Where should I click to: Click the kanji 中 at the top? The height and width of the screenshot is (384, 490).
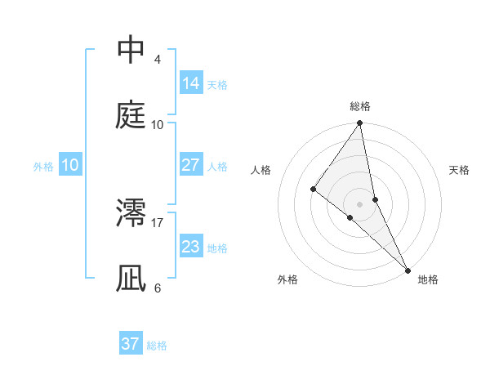(x=131, y=51)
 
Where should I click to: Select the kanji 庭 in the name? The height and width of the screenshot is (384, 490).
(x=131, y=115)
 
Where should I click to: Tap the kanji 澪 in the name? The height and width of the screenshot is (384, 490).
(x=131, y=213)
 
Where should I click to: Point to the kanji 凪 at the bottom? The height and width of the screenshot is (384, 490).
(x=131, y=278)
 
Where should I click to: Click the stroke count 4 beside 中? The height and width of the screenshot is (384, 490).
(x=157, y=60)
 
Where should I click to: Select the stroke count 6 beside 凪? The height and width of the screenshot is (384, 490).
(x=157, y=288)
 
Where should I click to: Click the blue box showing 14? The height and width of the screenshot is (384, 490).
(x=191, y=83)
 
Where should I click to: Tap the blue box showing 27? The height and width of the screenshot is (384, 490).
(x=191, y=165)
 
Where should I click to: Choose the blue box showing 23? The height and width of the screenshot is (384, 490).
(x=191, y=246)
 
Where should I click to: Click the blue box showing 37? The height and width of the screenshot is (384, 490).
(x=131, y=344)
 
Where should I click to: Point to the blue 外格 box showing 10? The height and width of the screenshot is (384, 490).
(x=70, y=165)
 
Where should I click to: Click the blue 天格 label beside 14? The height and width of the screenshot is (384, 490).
(x=217, y=84)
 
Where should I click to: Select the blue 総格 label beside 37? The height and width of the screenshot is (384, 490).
(x=157, y=345)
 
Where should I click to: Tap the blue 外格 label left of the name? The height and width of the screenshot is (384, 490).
(x=43, y=166)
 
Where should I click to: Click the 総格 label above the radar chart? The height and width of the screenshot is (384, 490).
(x=360, y=106)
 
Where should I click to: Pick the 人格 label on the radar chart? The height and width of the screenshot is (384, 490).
(x=261, y=171)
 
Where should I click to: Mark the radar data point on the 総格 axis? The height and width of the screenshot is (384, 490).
(x=360, y=124)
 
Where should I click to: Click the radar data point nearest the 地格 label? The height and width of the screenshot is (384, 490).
(x=407, y=270)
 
